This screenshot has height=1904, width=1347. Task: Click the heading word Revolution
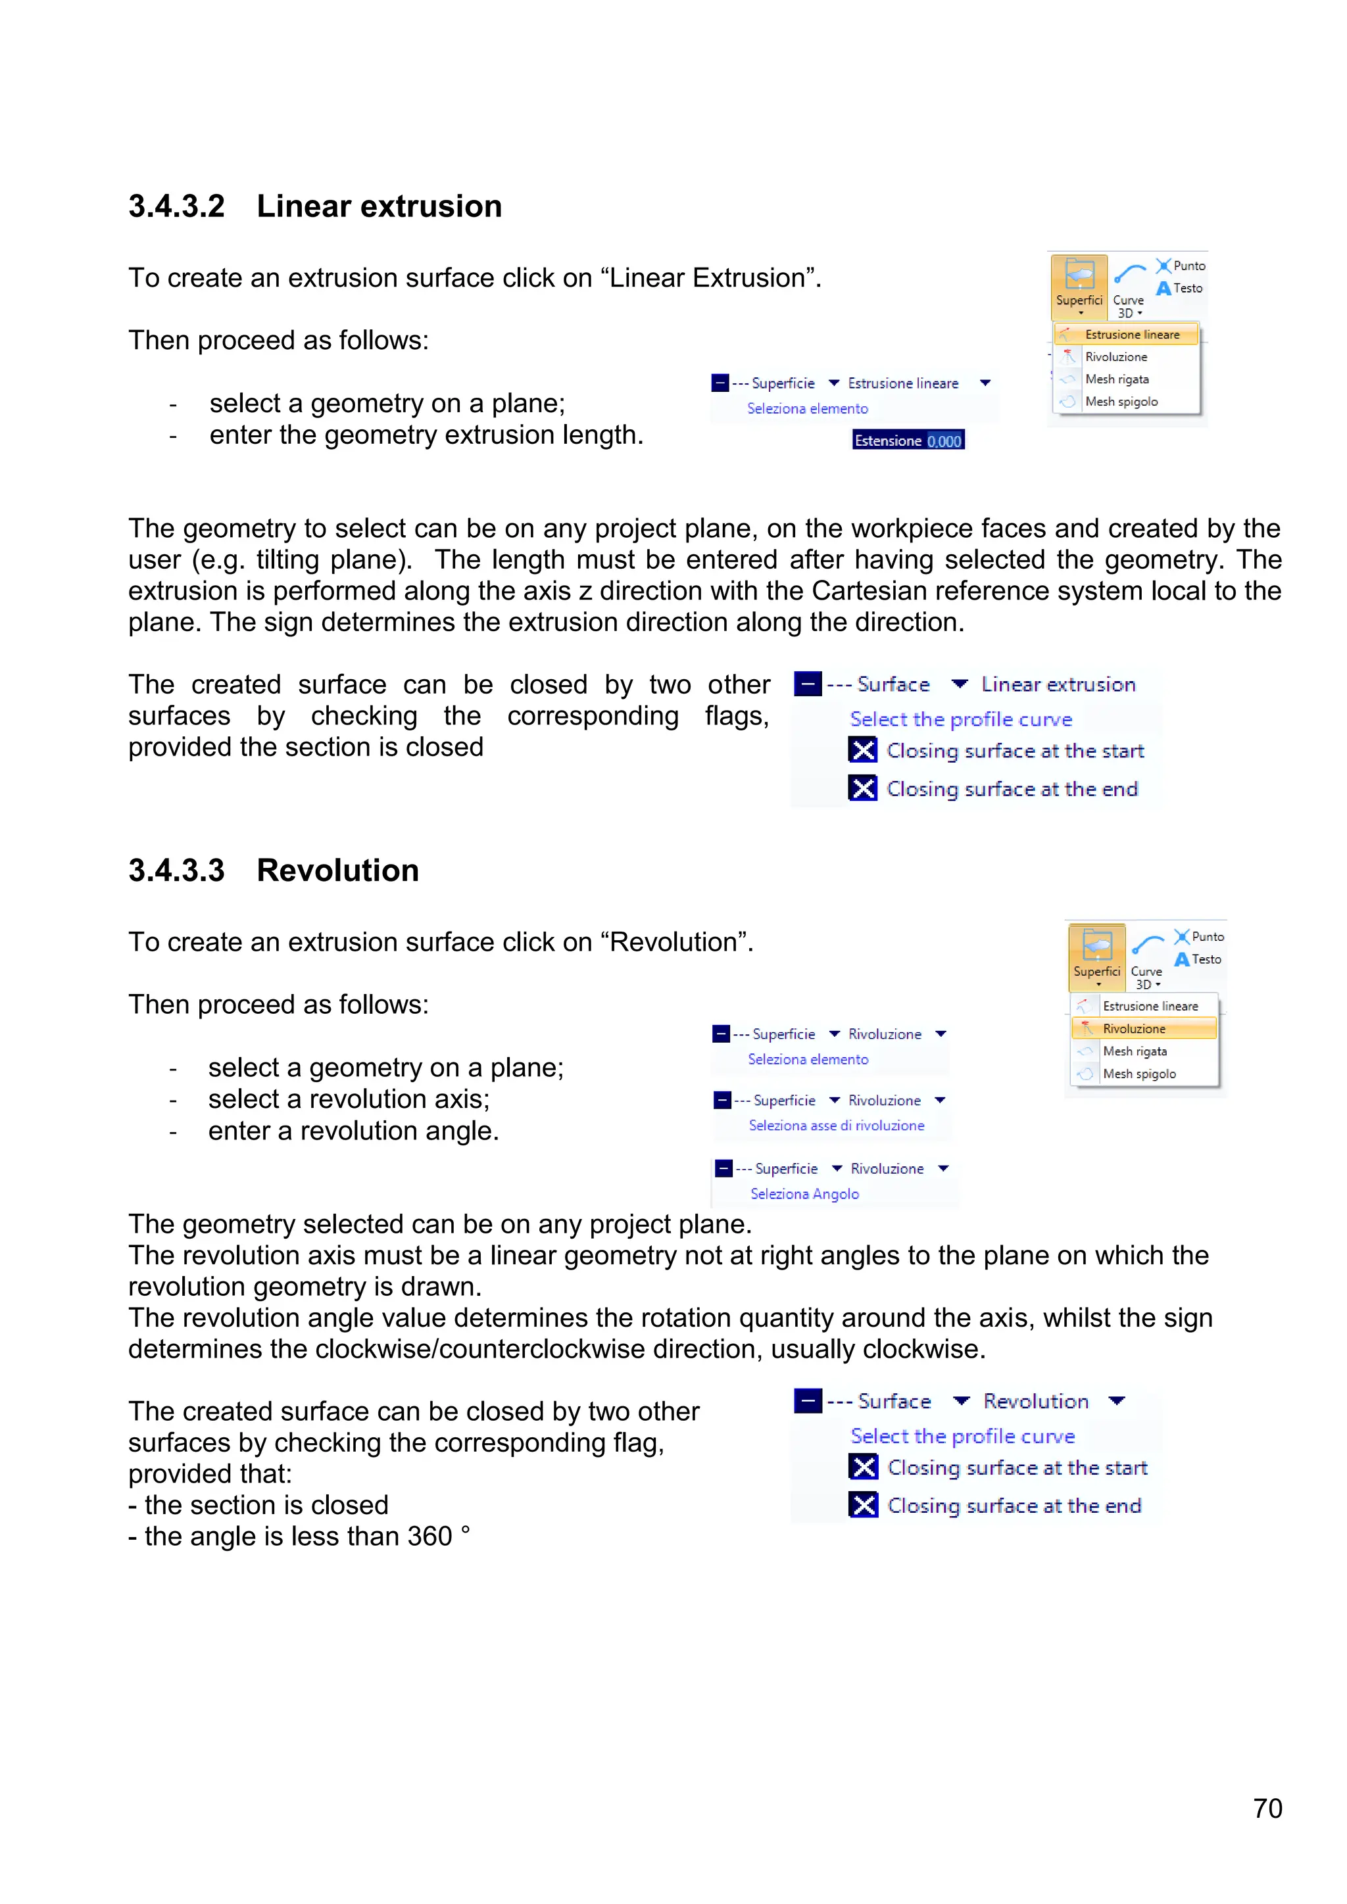pos(337,870)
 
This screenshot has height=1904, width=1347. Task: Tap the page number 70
pos(1267,1808)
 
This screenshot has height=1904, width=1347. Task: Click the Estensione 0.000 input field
pos(908,440)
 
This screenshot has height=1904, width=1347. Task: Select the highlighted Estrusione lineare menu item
pos(1131,334)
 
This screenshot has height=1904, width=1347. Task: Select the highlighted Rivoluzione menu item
pos(1134,1028)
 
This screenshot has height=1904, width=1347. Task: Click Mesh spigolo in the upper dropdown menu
pos(1121,401)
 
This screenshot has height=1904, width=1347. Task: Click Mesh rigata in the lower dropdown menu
pos(1135,1051)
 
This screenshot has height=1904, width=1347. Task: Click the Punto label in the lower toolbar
pos(1207,936)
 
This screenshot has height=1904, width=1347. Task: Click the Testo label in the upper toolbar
pos(1188,288)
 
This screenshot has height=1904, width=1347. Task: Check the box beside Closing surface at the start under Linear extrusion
pos(863,750)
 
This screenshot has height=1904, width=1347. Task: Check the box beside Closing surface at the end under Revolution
pos(864,1504)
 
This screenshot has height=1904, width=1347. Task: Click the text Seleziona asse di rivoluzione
pos(836,1126)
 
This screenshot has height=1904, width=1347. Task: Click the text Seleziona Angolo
pos(804,1193)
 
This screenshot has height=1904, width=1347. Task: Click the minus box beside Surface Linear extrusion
pos(807,684)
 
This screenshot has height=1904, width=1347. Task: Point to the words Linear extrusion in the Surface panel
pos(1058,684)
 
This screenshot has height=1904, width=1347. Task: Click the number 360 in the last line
pos(429,1536)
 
